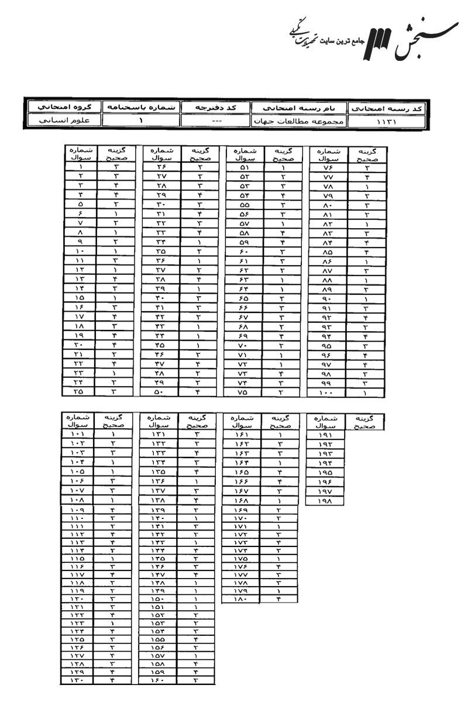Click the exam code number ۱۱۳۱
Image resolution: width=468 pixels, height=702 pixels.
click(387, 123)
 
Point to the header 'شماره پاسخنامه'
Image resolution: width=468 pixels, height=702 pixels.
click(140, 108)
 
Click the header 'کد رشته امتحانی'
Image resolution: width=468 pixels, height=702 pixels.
click(387, 109)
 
